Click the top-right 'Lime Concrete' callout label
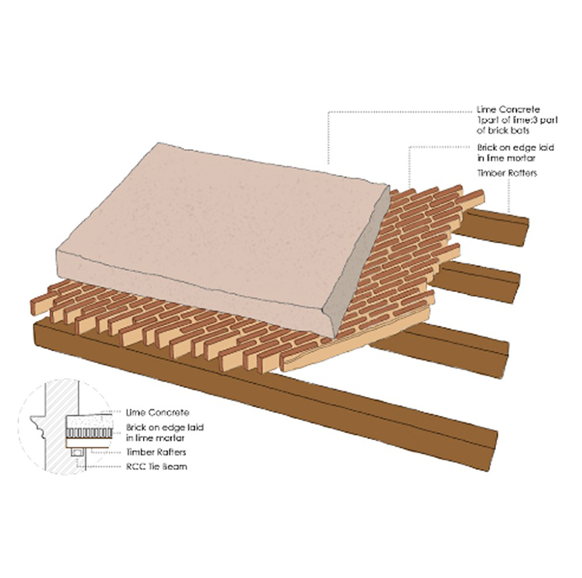point(508,110)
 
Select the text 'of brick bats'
point(503,130)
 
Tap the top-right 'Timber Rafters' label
point(507,173)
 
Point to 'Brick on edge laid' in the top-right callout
point(515,147)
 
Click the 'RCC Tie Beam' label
point(157,467)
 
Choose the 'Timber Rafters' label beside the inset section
point(156,452)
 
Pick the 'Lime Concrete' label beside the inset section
point(158,413)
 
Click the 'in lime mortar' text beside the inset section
point(155,439)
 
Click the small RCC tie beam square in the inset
point(77,453)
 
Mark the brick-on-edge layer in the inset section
point(89,433)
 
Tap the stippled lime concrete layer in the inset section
point(89,421)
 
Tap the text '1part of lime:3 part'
point(517,120)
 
